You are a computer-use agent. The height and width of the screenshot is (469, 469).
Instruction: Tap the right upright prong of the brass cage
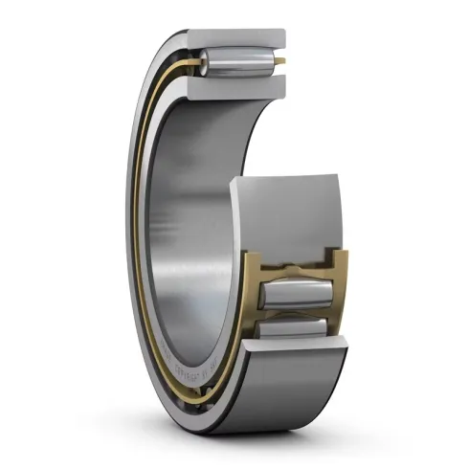(337, 272)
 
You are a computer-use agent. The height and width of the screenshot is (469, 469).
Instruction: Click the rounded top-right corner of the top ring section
(281, 35)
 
